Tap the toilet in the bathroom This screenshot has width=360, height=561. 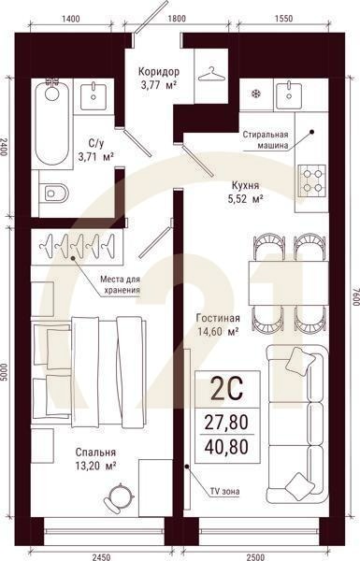click(x=57, y=194)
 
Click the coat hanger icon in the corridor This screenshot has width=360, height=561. click(x=215, y=74)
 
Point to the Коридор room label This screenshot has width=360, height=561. click(x=158, y=72)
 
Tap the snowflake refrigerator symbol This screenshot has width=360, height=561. click(x=254, y=93)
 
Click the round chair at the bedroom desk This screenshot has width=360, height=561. click(x=119, y=495)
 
